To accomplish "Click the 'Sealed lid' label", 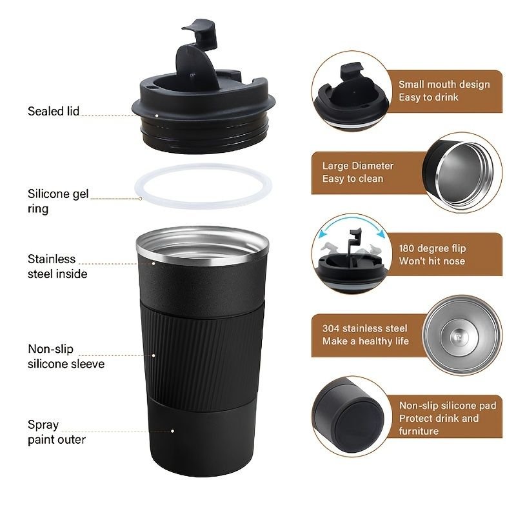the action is [x=54, y=111].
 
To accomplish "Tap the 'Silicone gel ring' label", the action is [x=58, y=201].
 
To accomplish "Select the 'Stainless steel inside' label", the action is [x=57, y=266].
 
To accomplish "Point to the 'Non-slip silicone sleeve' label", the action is [x=66, y=356].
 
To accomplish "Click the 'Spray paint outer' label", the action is [x=57, y=432].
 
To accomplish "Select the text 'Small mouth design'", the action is [x=444, y=84].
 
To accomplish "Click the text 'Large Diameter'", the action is [x=358, y=166].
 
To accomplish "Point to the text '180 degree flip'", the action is [x=432, y=248].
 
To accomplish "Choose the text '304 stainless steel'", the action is [x=364, y=328].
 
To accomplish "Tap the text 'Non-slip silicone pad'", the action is [x=448, y=406].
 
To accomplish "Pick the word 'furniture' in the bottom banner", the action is [x=419, y=431].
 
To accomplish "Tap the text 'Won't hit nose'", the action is [x=432, y=261].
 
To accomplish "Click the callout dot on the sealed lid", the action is [x=157, y=115].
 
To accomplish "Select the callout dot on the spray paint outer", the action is [x=172, y=431].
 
